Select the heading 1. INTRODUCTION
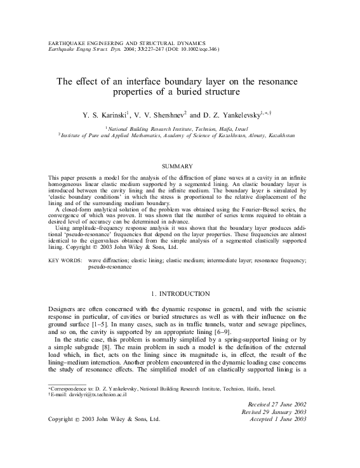point(180,294)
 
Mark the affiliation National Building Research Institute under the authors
point(150,128)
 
